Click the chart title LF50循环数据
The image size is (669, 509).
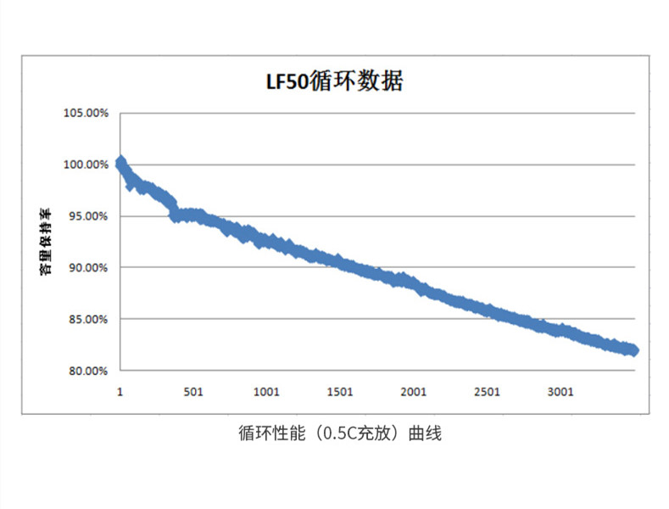click(x=332, y=82)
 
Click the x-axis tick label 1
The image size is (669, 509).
click(x=120, y=392)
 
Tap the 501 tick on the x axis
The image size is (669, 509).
click(x=192, y=392)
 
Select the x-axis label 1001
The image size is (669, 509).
click(x=266, y=392)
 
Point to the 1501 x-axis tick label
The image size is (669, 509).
click(x=339, y=392)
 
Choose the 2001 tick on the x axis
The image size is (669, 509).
click(x=413, y=392)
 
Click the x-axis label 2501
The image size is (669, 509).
click(x=487, y=392)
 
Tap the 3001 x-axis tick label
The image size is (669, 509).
click(x=560, y=392)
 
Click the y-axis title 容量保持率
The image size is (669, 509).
click(x=47, y=242)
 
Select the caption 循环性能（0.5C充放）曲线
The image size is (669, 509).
click(x=340, y=433)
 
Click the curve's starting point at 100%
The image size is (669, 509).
click(x=120, y=162)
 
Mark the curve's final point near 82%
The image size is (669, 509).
click(x=633, y=350)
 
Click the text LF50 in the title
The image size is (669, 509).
click(x=283, y=83)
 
